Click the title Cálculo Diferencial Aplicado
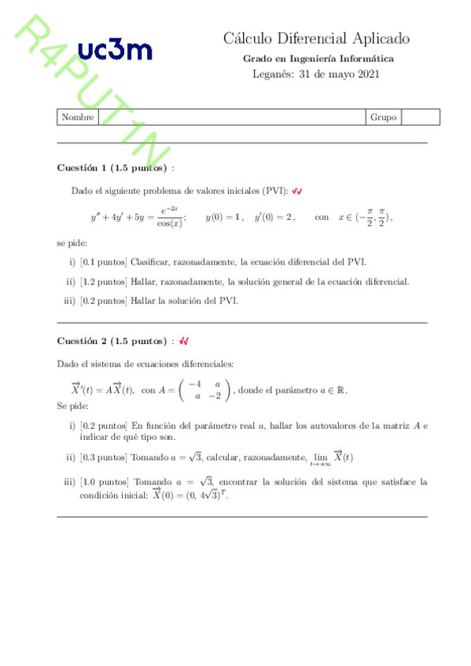pyautogui.click(x=316, y=38)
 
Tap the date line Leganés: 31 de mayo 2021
pyautogui.click(x=316, y=75)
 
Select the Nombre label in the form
pyautogui.click(x=77, y=117)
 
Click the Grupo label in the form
pyautogui.click(x=383, y=117)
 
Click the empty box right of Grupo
pyautogui.click(x=420, y=117)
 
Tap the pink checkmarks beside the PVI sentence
pyautogui.click(x=298, y=191)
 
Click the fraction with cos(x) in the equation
pyautogui.click(x=169, y=218)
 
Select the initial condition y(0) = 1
pyautogui.click(x=224, y=218)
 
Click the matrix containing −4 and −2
pyautogui.click(x=204, y=390)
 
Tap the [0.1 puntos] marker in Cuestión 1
pyautogui.click(x=103, y=262)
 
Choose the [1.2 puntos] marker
pyautogui.click(x=103, y=281)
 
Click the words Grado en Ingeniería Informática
pyautogui.click(x=318, y=59)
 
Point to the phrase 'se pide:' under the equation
pyautogui.click(x=72, y=243)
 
